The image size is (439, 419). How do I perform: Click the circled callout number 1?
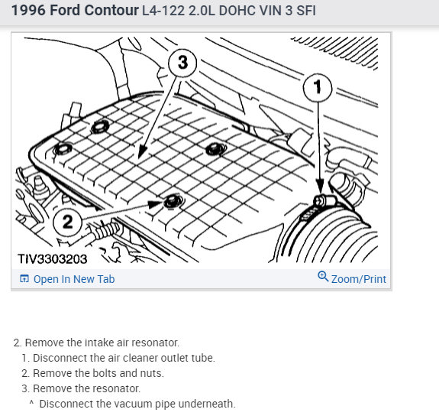pyautogui.click(x=318, y=88)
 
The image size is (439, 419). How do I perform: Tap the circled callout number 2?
pyautogui.click(x=67, y=222)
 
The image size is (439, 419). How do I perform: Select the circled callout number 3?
pyautogui.click(x=182, y=63)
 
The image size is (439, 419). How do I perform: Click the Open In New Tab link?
pyautogui.click(x=74, y=279)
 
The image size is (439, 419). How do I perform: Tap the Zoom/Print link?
pyautogui.click(x=359, y=279)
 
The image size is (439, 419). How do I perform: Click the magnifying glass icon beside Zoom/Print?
pyautogui.click(x=323, y=276)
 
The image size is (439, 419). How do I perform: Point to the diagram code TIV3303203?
pyautogui.click(x=53, y=259)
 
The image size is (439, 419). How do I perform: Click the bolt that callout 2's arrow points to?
pyautogui.click(x=173, y=201)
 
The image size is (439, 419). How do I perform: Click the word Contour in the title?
pyautogui.click(x=111, y=11)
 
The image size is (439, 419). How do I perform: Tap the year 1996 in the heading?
pyautogui.click(x=28, y=11)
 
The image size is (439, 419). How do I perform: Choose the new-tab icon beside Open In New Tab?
pyautogui.click(x=24, y=278)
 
